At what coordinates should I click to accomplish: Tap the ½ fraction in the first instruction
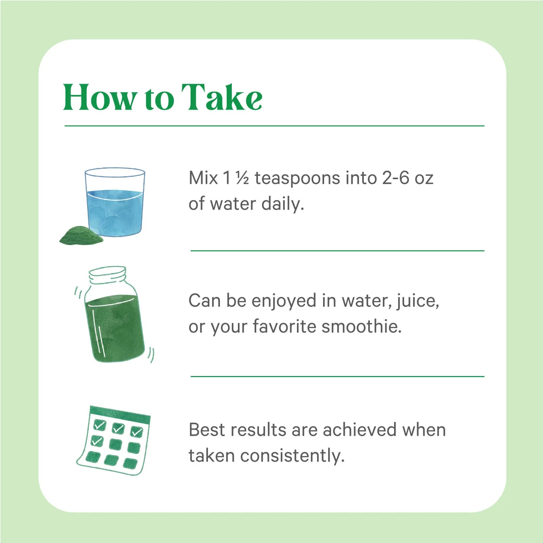tap(242, 178)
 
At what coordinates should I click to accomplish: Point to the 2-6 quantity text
tap(396, 178)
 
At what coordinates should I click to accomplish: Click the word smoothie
tap(361, 326)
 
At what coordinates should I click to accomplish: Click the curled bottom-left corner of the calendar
tap(81, 461)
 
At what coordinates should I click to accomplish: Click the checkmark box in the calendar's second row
tap(97, 441)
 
